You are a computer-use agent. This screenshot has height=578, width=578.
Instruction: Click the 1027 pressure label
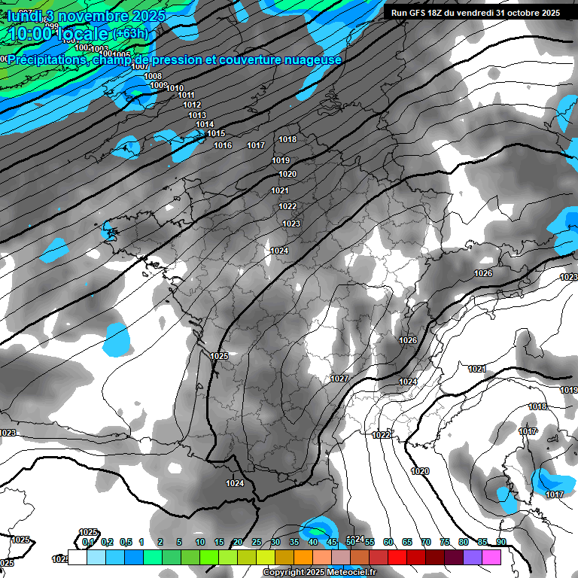click(339, 379)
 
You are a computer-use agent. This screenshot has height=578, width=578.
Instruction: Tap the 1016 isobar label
click(223, 145)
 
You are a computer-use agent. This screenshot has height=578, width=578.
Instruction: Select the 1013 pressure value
click(197, 115)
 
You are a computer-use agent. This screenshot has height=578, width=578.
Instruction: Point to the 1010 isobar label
click(175, 88)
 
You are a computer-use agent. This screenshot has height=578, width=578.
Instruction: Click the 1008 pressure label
click(153, 76)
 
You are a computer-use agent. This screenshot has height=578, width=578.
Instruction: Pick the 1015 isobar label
click(216, 133)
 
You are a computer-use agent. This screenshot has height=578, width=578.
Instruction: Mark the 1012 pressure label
click(192, 105)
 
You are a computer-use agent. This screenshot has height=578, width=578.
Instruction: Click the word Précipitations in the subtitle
click(51, 59)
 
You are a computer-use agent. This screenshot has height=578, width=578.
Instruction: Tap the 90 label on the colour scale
click(500, 542)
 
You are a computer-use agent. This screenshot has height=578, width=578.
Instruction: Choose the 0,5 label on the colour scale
click(126, 542)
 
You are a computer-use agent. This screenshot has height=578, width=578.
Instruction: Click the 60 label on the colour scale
click(388, 542)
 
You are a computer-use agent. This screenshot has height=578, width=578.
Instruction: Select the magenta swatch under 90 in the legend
click(491, 557)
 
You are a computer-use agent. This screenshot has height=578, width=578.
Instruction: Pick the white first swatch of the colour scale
click(78, 557)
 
